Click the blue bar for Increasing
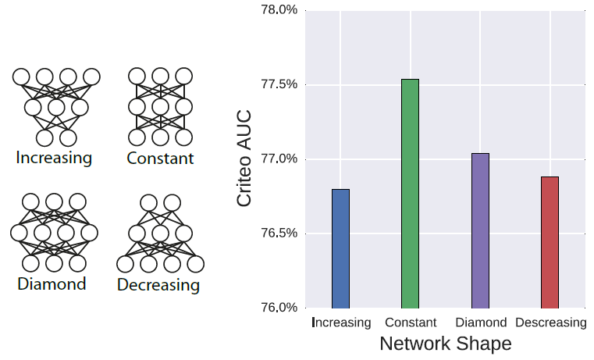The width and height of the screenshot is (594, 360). (x=340, y=248)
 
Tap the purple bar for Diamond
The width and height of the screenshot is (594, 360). (x=480, y=230)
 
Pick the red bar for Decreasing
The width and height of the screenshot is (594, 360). (x=550, y=242)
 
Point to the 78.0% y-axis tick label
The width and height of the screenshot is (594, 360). (x=279, y=11)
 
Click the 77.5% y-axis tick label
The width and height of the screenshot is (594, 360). (x=279, y=85)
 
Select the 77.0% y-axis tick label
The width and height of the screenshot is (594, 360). (x=279, y=159)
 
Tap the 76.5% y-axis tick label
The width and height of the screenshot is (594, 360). (x=279, y=233)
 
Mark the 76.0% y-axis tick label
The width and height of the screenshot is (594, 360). (x=279, y=308)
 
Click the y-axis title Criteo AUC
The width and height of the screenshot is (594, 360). (x=244, y=159)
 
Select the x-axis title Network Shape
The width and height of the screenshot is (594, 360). (x=445, y=344)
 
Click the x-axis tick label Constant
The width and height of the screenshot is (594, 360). (x=410, y=323)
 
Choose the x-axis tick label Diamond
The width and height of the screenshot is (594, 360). (x=480, y=323)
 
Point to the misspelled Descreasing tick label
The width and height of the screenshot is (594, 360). (x=550, y=323)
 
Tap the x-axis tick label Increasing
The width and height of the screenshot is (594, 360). (x=341, y=323)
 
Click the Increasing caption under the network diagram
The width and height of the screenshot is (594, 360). (x=54, y=158)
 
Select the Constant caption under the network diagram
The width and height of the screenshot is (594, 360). (x=161, y=159)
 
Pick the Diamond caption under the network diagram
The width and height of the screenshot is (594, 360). (x=52, y=283)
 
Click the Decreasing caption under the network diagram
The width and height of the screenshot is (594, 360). (x=158, y=285)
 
